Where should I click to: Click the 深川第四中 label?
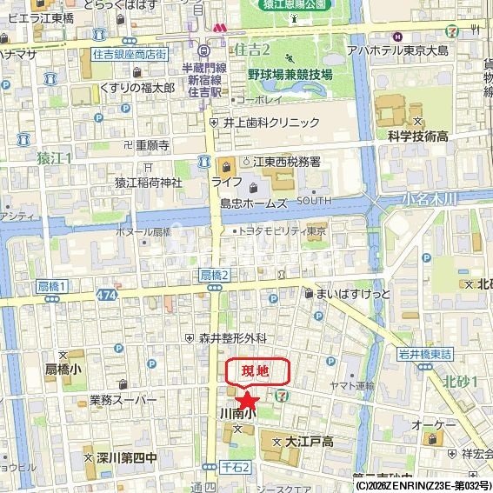(126, 456)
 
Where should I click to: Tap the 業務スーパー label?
(123, 400)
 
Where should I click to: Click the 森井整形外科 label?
(232, 337)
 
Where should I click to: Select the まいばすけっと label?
(347, 294)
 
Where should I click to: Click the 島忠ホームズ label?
(253, 203)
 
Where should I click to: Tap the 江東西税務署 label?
(286, 162)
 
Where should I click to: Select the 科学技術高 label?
(417, 136)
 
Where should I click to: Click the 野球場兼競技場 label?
(290, 75)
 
